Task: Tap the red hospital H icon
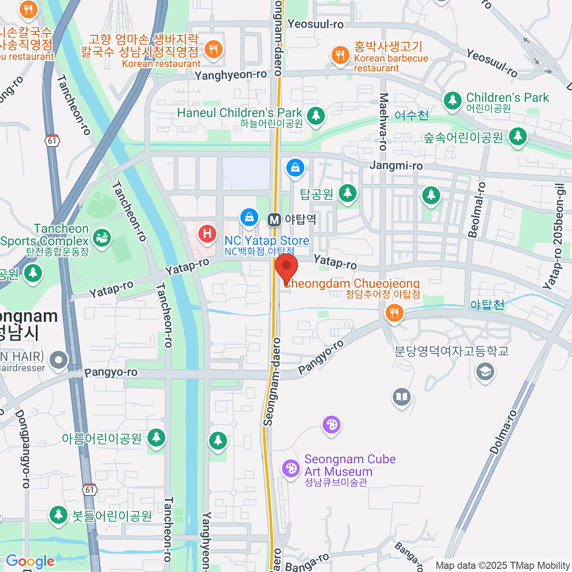tap(207, 234)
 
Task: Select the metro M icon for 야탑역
tap(274, 220)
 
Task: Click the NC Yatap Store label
tap(266, 241)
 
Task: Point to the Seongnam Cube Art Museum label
tap(350, 466)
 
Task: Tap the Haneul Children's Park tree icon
tap(316, 115)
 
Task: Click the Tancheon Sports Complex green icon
tap(102, 236)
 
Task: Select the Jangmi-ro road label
tap(396, 165)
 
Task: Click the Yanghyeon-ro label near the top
tap(231, 75)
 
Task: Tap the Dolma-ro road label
tap(502, 432)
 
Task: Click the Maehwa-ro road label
tap(383, 122)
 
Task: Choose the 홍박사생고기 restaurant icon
tap(340, 55)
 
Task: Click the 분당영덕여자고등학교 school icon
tap(485, 371)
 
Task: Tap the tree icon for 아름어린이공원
tap(156, 437)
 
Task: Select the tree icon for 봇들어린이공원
tap(59, 515)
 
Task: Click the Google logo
tap(30, 561)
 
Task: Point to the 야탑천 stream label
tap(487, 305)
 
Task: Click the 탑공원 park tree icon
tap(347, 193)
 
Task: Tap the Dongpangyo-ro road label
tap(22, 449)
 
